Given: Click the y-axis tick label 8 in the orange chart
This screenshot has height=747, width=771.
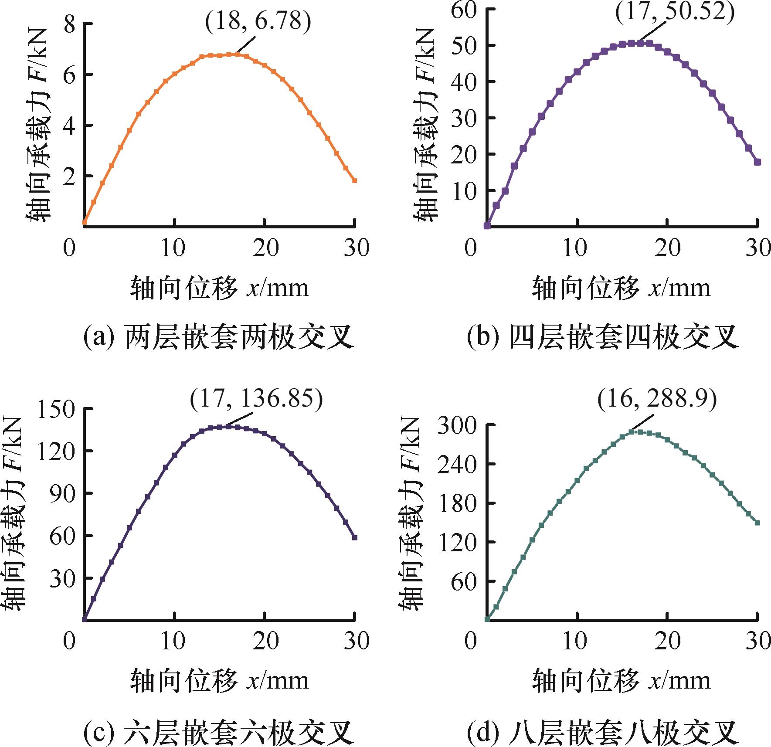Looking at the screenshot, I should click(70, 24).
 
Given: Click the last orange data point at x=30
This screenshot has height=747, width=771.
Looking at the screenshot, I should click(355, 180).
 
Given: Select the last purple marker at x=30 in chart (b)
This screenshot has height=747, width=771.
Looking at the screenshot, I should click(757, 162).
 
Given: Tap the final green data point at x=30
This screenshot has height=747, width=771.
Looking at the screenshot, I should click(757, 523).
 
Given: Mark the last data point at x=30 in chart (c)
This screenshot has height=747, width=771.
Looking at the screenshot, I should click(355, 538).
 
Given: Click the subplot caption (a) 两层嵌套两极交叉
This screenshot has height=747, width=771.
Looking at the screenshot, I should click(218, 337).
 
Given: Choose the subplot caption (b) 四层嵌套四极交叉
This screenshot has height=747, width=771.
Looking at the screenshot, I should click(603, 337).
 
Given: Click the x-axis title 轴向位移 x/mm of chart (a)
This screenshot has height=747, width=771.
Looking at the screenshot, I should click(219, 288).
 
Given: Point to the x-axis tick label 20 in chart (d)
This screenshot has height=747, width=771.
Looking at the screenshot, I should click(667, 641).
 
